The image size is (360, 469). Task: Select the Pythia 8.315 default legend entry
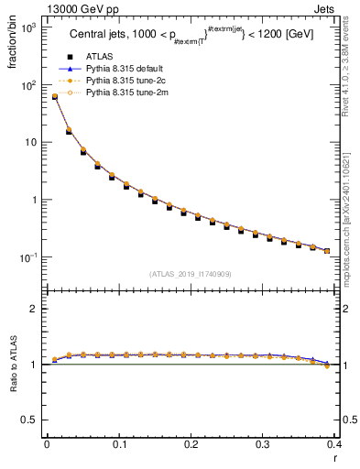click(x=125, y=69)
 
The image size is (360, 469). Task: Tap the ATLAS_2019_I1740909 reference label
click(x=190, y=274)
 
